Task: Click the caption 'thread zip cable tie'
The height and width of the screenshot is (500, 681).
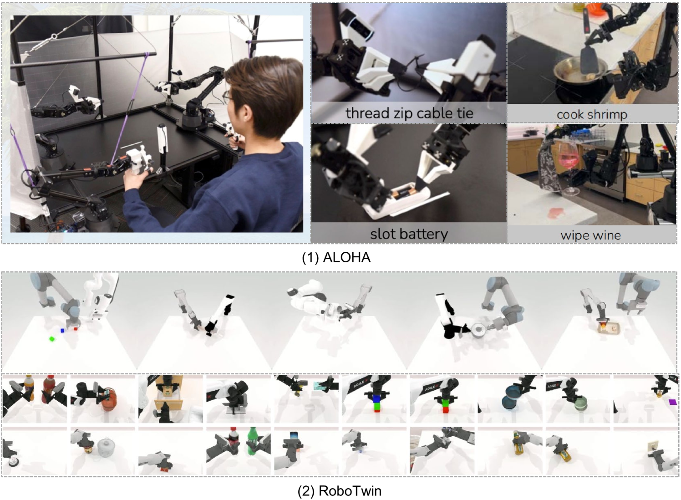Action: click(x=409, y=113)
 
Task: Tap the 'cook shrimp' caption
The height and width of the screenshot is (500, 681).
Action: click(x=592, y=115)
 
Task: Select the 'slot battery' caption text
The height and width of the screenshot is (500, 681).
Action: click(x=409, y=234)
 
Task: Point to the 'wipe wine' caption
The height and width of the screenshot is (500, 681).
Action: click(x=590, y=235)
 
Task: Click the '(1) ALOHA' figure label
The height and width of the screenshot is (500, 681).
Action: click(x=336, y=258)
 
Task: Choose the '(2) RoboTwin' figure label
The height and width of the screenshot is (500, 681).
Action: click(x=339, y=491)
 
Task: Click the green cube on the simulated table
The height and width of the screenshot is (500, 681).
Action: click(x=52, y=338)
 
